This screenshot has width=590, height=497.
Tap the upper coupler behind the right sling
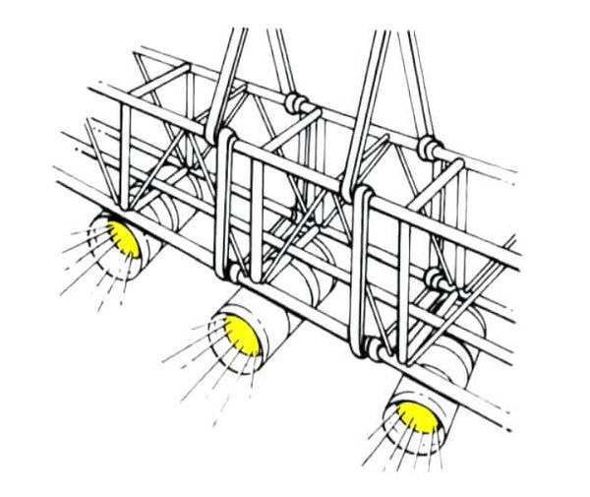[430, 148]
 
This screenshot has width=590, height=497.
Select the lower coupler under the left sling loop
[236, 272]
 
